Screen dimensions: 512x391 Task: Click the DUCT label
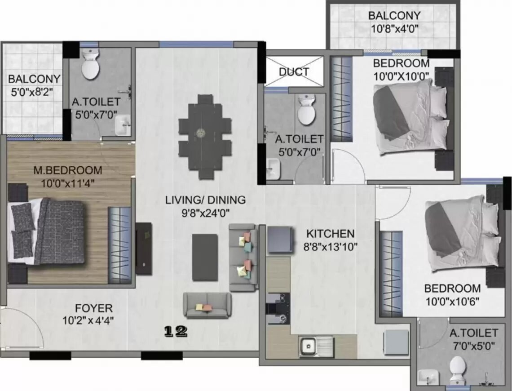(294, 71)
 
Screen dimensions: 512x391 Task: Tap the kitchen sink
(317, 346)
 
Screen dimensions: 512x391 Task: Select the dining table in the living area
(205, 137)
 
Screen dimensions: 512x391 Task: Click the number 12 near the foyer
(176, 332)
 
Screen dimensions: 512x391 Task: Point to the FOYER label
(94, 308)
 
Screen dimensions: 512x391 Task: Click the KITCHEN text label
(330, 234)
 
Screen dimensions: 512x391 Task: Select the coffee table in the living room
(205, 257)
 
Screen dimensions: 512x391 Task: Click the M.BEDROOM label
(68, 170)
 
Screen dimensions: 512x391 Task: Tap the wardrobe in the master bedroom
(119, 245)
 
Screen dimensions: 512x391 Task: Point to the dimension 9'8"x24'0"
(206, 213)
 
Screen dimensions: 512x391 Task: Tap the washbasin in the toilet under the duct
(273, 169)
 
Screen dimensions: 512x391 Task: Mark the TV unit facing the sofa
(144, 249)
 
